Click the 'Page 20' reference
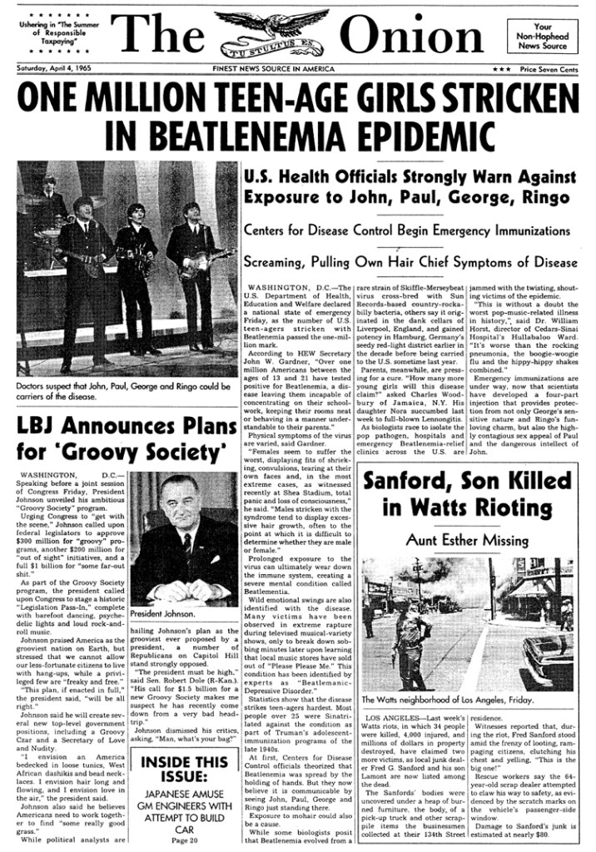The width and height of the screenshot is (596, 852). tap(183, 840)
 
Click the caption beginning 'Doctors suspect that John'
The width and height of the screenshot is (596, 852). tap(123, 391)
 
